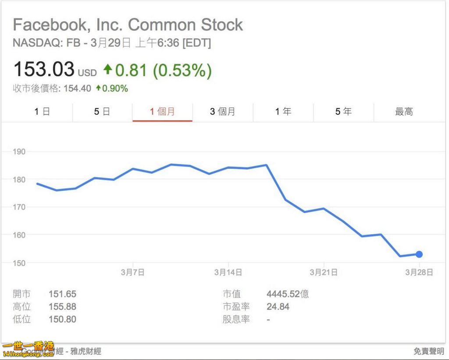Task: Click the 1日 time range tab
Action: pos(42,112)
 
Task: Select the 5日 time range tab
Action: pos(102,112)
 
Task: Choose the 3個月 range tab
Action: pos(222,112)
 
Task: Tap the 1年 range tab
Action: pos(283,112)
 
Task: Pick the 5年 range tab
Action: pos(343,112)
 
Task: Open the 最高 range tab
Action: pos(404,112)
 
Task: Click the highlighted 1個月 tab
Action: pos(162,112)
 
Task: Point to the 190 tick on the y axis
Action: pos(19,152)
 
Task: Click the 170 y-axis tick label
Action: pos(19,207)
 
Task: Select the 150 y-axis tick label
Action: pos(19,263)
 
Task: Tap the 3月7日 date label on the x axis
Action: pos(132,272)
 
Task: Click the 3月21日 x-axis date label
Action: pos(324,272)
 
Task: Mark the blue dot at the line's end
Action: pos(419,254)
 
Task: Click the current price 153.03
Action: pos(44,70)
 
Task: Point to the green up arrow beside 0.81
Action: pos(107,69)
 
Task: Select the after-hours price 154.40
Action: pos(77,89)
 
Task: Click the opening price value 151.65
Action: pos(62,294)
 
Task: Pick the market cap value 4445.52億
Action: pos(288,294)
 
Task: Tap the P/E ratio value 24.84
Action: pos(278,307)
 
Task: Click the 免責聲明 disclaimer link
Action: pos(429,351)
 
